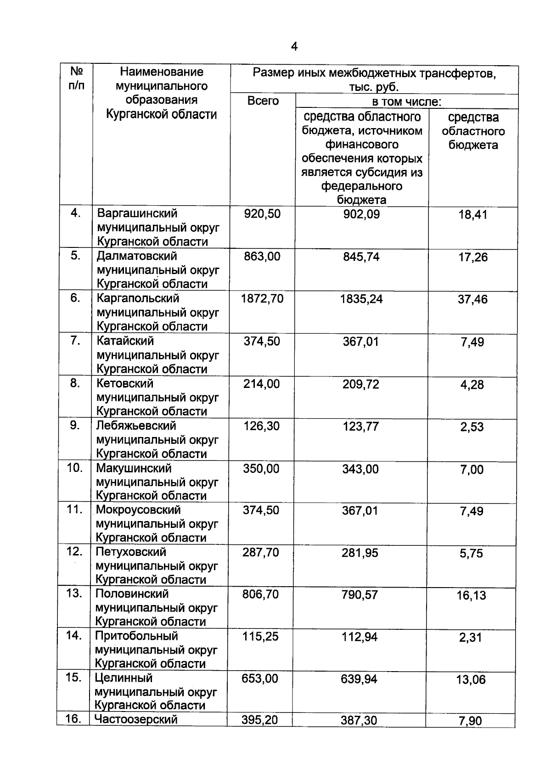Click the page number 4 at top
[x=294, y=46]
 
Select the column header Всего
[x=263, y=101]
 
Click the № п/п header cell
[x=76, y=78]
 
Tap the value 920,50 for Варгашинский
[x=262, y=213]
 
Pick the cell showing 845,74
[x=361, y=257]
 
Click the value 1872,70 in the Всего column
[x=262, y=299]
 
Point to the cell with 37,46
[x=472, y=299]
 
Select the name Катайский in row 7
[x=125, y=341]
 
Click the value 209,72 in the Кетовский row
[x=360, y=384]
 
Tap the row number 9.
[x=75, y=426]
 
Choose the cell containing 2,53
[x=472, y=427]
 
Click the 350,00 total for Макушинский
[x=261, y=469]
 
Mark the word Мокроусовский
[x=138, y=510]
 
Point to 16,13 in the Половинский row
[x=471, y=595]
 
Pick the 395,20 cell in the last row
[x=260, y=720]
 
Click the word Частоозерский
[x=136, y=719]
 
